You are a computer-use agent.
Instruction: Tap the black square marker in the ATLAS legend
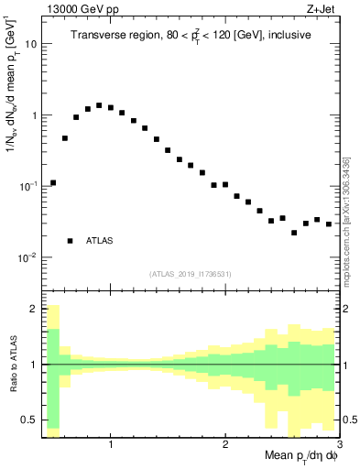coord(70,241)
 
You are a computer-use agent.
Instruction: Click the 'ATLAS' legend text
coord(100,241)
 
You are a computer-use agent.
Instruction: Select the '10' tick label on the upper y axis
coord(31,44)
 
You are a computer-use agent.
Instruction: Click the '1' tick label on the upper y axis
coord(34,115)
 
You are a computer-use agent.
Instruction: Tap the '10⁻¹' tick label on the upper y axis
coord(28,186)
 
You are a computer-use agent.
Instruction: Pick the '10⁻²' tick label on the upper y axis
coord(28,257)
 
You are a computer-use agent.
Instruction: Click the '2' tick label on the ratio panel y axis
coord(34,310)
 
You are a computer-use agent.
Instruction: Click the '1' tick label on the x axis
coord(111,445)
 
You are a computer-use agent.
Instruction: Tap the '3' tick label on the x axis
coord(339,445)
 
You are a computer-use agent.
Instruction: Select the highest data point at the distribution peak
coord(99,105)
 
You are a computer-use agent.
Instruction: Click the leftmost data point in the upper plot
coord(53,182)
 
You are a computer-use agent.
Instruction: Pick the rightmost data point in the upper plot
coord(328,224)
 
